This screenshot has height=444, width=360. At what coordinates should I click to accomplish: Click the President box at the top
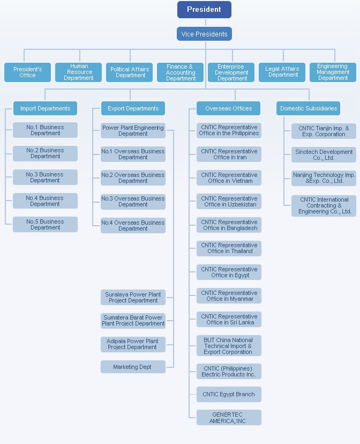tap(204, 10)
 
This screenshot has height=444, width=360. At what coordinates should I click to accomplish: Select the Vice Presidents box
tap(204, 34)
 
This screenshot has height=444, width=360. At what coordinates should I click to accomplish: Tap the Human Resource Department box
tap(78, 72)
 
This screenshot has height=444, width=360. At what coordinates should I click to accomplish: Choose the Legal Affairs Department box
tap(282, 72)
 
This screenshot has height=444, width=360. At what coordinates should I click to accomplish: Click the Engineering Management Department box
tap(333, 72)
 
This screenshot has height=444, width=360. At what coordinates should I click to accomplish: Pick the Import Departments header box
tap(45, 108)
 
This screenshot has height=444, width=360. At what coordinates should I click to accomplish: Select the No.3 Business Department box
tap(45, 177)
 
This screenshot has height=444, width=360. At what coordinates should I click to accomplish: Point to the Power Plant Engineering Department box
tap(133, 130)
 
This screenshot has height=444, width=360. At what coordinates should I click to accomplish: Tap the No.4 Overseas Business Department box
tap(133, 225)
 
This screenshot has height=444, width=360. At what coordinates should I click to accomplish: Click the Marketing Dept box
tap(133, 367)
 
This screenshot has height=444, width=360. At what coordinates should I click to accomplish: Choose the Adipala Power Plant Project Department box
tap(133, 344)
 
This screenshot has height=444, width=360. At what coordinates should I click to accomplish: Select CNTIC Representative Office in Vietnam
tap(229, 178)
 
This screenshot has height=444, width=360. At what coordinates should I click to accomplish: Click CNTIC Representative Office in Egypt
tap(229, 272)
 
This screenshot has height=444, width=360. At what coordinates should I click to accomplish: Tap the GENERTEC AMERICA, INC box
tap(229, 417)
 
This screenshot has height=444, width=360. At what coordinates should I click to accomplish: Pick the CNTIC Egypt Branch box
tap(229, 395)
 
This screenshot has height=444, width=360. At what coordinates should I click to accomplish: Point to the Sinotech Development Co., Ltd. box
tap(324, 154)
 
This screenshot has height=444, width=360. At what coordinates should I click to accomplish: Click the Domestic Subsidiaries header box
tap(308, 108)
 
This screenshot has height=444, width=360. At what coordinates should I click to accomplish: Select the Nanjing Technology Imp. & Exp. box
tap(324, 178)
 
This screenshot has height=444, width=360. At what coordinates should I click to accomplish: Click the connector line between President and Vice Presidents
tap(206, 23)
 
